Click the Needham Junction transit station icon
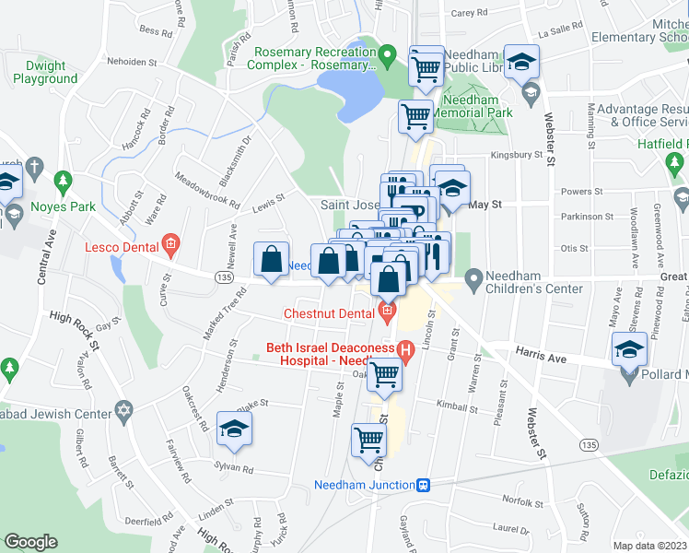click(424, 485)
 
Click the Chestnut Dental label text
click(329, 313)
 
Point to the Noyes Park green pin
click(63, 180)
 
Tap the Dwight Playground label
click(45, 72)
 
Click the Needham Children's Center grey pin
click(473, 276)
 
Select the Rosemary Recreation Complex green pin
click(389, 57)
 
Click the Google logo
click(30, 542)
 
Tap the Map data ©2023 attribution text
click(648, 546)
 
